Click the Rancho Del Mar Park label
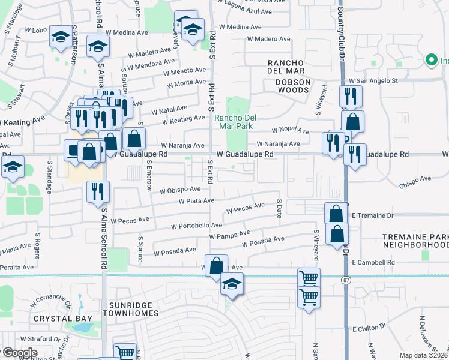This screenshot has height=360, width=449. pyautogui.click(x=235, y=122)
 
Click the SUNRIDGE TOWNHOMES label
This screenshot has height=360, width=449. pyautogui.click(x=130, y=309)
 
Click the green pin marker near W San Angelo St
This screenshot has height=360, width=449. pyautogui.click(x=430, y=60)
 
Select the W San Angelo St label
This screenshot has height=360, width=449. pyautogui.click(x=374, y=80)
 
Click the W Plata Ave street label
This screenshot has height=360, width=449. pyautogui.click(x=196, y=201)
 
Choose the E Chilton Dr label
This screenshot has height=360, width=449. pyautogui.click(x=372, y=329)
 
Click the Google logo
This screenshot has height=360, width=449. pyautogui.click(x=19, y=352)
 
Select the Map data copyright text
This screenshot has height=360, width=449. pyautogui.click(x=423, y=355)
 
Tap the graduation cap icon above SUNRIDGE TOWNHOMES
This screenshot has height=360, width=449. pyautogui.click(x=232, y=284)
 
